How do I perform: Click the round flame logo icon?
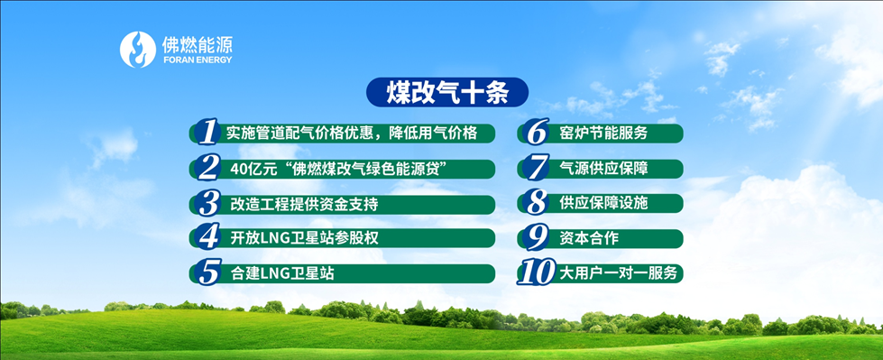tap(137, 50)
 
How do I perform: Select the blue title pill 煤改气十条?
tap(447, 92)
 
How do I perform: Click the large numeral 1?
tap(207, 133)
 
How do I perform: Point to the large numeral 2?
tap(207, 168)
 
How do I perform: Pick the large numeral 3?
tap(207, 203)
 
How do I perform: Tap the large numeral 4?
tap(207, 237)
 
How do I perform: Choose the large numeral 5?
tap(207, 272)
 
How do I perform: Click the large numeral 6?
tap(535, 133)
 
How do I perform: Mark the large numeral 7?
tap(536, 168)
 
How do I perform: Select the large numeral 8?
tap(535, 203)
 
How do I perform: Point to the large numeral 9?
tap(535, 237)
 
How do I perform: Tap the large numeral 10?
tap(537, 272)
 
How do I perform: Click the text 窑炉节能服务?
tap(603, 133)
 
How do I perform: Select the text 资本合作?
tap(589, 238)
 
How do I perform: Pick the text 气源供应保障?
tap(603, 168)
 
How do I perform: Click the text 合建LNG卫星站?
tap(282, 273)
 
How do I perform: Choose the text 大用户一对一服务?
tap(619, 273)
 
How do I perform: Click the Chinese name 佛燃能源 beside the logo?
tap(197, 44)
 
